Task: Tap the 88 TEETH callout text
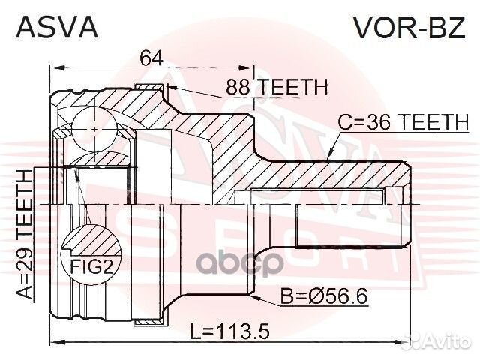pos(277,87)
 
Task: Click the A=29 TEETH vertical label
pos(25,234)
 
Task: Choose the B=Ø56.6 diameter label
pos(324,296)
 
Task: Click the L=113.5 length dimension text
pos(229,331)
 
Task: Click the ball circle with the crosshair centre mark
pos(95,129)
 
